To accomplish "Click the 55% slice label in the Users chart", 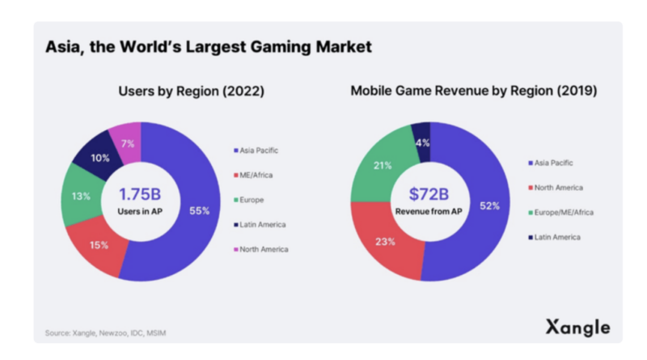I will point(200,211).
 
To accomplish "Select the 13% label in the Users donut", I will point(81,196).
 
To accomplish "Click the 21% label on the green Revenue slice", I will point(383,166).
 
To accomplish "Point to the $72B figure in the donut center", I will point(429,194).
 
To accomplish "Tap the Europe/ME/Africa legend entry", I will point(562,213).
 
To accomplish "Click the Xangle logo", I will point(578,328).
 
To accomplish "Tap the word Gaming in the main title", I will point(281,47).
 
